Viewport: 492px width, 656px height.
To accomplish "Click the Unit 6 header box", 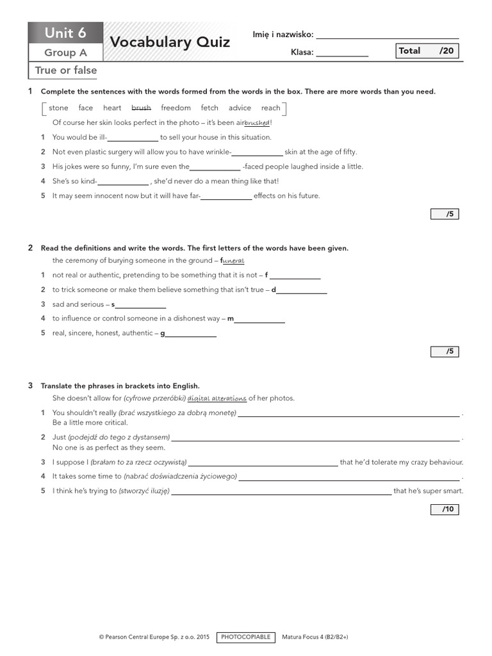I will tap(65, 33).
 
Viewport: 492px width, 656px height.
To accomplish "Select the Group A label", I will tap(65, 53).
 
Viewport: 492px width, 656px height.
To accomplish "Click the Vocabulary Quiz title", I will tap(170, 43).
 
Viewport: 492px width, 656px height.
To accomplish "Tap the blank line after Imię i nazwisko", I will tap(388, 35).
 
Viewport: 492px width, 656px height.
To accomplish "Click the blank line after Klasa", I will tap(342, 53).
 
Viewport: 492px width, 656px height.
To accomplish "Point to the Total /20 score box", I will tap(427, 51).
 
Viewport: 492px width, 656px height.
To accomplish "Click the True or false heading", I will tap(66, 70).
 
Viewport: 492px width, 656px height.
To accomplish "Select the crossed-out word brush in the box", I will tap(141, 108).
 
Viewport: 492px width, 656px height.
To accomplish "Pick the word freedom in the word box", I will tap(176, 108).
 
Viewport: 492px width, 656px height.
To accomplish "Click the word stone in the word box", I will tap(58, 108).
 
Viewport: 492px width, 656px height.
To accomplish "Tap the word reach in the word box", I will tap(270, 108).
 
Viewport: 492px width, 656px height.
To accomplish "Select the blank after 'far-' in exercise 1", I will tap(227, 197).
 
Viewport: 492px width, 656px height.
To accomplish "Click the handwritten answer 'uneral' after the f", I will tap(234, 261).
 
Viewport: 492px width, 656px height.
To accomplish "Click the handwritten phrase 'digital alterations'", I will tap(217, 398).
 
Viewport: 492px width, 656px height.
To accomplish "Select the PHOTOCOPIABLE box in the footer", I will tap(246, 637).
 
